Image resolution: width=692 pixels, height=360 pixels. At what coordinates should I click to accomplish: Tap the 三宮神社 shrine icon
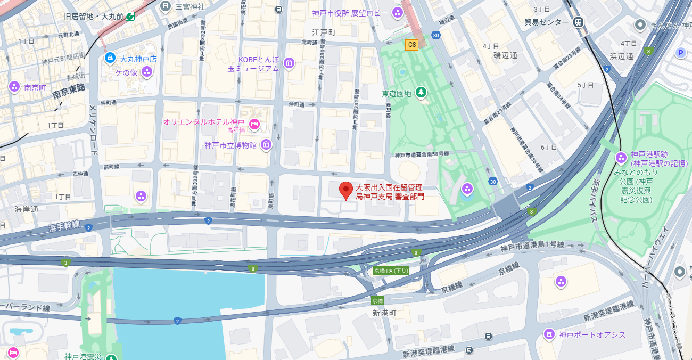[166, 6]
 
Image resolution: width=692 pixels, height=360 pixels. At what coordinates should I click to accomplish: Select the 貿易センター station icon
[578, 22]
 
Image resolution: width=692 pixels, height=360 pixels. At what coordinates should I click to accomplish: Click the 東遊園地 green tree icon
[421, 93]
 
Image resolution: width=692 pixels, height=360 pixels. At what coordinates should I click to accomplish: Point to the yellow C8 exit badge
[411, 45]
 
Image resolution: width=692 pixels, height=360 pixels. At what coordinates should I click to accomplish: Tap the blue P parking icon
[680, 52]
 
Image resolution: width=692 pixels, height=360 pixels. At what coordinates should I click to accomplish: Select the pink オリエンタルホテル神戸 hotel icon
[254, 124]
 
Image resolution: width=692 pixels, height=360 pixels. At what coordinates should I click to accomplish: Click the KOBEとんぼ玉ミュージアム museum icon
[289, 64]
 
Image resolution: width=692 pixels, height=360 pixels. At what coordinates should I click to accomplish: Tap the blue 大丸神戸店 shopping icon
[110, 58]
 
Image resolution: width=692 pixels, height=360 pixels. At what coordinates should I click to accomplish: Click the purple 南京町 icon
[14, 86]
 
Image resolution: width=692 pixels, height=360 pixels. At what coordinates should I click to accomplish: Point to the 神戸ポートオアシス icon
[549, 334]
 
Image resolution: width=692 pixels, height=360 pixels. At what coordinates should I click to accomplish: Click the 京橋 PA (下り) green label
[391, 271]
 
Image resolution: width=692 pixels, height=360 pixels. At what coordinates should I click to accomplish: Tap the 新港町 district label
[384, 313]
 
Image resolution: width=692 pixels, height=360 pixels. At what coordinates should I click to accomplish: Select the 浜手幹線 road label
[64, 226]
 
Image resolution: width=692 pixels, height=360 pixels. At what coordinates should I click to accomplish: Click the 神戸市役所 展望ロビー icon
[397, 12]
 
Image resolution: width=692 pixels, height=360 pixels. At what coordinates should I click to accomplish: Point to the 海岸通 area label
[27, 209]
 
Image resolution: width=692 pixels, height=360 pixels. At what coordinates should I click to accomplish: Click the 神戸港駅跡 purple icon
[621, 158]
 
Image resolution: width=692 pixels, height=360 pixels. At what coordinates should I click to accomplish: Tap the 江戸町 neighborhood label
[324, 32]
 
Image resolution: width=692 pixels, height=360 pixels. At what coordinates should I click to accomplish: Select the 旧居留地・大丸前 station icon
[130, 17]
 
